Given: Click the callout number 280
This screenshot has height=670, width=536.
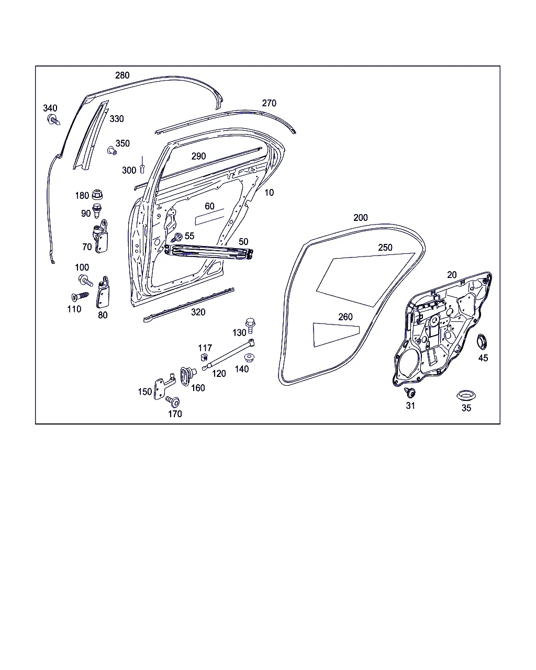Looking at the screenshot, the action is click(122, 75).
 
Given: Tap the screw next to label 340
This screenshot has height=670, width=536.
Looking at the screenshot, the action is click(53, 119).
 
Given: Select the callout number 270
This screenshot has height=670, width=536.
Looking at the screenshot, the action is click(269, 103).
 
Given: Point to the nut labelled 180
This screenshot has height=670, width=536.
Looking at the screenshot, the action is click(97, 195).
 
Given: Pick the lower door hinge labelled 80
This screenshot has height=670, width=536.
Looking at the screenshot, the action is click(103, 292).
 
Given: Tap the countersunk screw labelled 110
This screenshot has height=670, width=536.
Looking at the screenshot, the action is click(80, 297).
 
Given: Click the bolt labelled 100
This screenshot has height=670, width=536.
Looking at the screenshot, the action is click(85, 280).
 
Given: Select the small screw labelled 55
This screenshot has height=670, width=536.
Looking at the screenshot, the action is click(177, 238).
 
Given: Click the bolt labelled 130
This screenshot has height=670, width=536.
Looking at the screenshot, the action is click(250, 326).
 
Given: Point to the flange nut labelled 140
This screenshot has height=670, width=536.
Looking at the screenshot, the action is click(249, 358).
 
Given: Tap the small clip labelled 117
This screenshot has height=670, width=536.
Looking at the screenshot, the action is click(204, 357).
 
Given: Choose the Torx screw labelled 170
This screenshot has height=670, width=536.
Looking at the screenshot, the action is click(173, 401).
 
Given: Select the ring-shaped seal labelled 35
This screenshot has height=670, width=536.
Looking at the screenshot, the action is click(466, 395).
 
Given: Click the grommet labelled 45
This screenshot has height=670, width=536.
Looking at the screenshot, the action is click(482, 341).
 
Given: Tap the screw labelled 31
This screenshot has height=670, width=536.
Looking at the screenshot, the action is click(409, 392).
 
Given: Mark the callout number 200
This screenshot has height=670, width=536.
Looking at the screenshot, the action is click(361, 218).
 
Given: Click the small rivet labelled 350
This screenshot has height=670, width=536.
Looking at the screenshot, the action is click(112, 151).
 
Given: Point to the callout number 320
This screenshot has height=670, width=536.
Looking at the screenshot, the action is click(198, 312).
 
